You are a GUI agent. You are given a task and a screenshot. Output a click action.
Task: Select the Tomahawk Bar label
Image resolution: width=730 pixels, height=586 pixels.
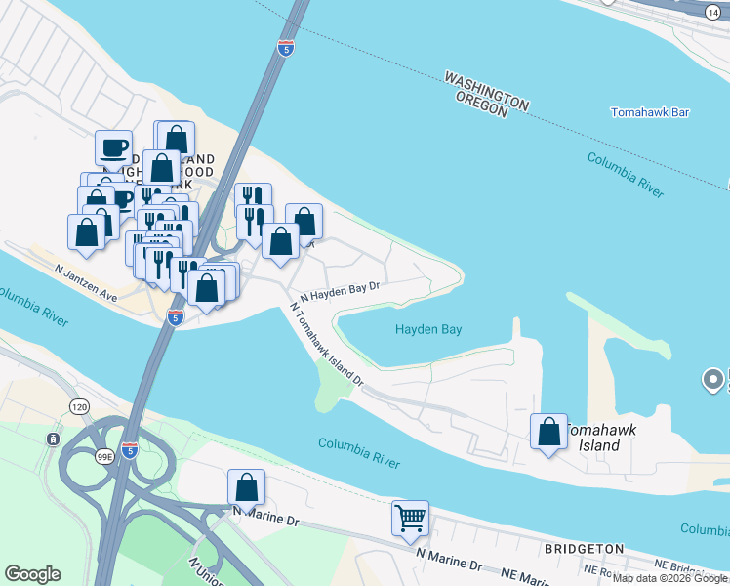[x=650, y=112]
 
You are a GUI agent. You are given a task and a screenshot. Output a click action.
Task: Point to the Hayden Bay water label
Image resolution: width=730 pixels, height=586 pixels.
[x=427, y=330]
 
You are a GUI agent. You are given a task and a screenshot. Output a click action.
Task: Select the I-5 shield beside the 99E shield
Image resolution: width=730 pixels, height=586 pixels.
[x=130, y=449]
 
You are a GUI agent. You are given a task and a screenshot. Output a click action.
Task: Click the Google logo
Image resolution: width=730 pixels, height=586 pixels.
[x=32, y=574]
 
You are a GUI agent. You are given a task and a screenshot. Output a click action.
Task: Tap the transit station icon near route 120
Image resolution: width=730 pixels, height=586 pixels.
[x=52, y=439]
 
